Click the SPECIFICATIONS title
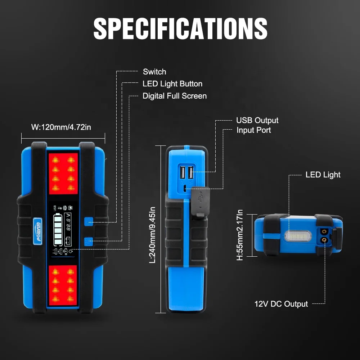tap(180, 28)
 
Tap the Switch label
tap(154, 72)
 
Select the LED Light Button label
tap(172, 84)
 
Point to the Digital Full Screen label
tap(175, 96)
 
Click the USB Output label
tap(257, 120)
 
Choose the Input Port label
tap(253, 130)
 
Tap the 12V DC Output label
tap(281, 304)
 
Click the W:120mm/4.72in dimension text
tap(61, 127)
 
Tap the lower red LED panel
tap(63, 285)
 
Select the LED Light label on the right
tap(323, 175)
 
